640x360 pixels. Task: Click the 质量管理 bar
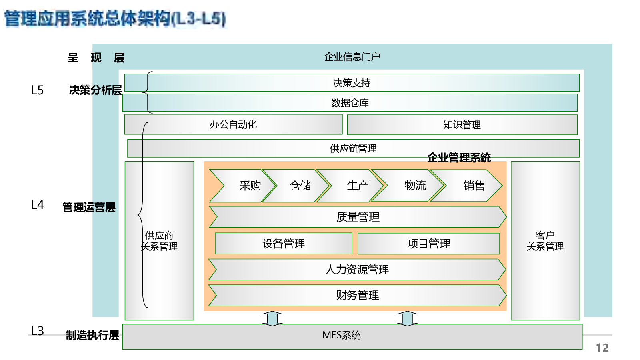[358, 217]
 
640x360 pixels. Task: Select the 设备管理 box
[284, 244]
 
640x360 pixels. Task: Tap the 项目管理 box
[428, 244]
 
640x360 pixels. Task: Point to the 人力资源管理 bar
[357, 270]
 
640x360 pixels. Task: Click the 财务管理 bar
[358, 295]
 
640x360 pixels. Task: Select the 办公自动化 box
[234, 124]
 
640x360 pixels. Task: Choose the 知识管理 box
[462, 125]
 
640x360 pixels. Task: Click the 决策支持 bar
[352, 83]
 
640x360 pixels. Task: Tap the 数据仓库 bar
[350, 103]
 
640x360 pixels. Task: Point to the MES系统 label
[342, 335]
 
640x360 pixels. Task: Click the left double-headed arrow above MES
[272, 318]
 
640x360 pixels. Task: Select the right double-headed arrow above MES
[407, 318]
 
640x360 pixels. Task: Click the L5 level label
[37, 90]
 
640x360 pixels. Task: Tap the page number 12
[602, 348]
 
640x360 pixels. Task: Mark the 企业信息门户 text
[352, 57]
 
